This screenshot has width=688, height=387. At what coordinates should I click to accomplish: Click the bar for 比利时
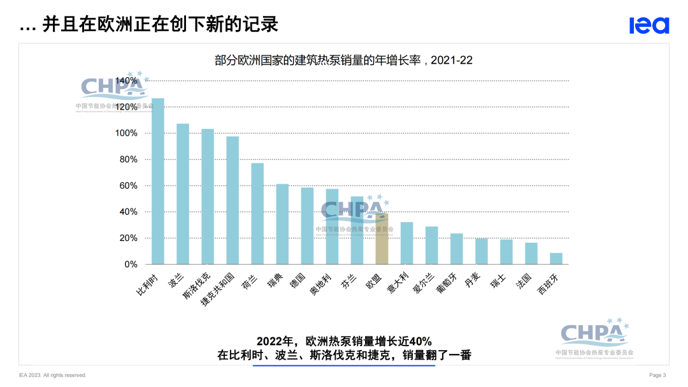(x=158, y=181)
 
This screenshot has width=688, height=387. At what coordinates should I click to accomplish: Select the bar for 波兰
(x=183, y=194)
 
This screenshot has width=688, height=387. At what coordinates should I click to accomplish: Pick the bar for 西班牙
(x=556, y=258)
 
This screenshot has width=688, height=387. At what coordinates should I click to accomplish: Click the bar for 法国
(x=531, y=253)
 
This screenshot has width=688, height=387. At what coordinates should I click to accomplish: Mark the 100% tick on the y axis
(x=126, y=133)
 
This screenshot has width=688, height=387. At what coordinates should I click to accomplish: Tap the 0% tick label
(x=131, y=264)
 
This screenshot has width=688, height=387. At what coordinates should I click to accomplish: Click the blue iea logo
(x=649, y=26)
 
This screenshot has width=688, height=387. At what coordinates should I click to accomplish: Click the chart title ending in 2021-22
(x=343, y=61)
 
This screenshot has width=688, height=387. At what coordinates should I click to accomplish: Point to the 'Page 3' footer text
(x=657, y=375)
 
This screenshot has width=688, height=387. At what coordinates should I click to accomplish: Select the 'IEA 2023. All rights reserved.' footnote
(x=52, y=375)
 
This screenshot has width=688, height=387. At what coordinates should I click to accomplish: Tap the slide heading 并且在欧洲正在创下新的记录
(x=160, y=25)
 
